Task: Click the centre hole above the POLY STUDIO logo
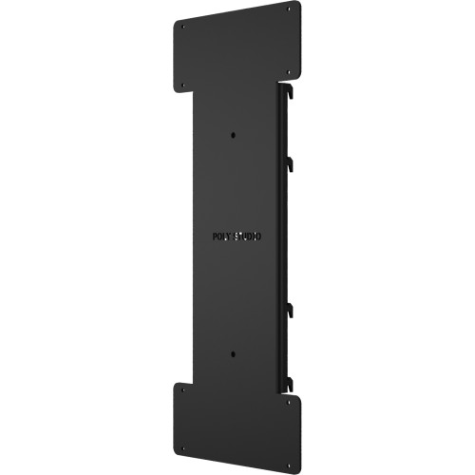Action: click(x=233, y=134)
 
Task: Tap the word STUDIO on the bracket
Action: click(x=250, y=236)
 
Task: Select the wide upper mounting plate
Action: click(x=237, y=47)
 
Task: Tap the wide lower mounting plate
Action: click(x=237, y=423)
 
